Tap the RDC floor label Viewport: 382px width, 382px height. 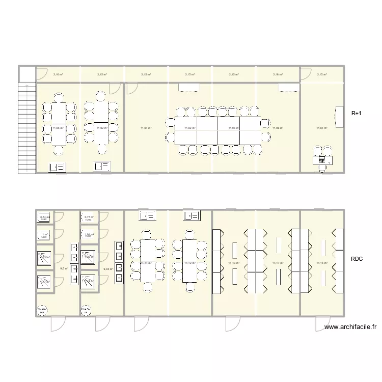[357, 259]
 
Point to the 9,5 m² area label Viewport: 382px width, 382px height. [64, 268]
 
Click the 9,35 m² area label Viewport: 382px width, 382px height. [107, 268]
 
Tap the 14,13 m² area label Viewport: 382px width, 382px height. [234, 263]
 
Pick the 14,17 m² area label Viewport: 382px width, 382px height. [278, 263]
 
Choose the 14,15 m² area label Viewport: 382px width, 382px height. [321, 263]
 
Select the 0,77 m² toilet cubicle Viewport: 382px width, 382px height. [89, 218]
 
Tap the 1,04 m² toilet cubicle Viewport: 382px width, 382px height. [89, 235]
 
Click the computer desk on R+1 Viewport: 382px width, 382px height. [321, 159]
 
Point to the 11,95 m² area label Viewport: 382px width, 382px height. [58, 128]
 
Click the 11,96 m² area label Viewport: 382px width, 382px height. [278, 128]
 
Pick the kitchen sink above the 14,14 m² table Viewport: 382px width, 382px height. [147, 217]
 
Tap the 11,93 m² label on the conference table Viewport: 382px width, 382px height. [234, 128]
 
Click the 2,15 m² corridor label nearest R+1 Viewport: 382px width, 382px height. [321, 74]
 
